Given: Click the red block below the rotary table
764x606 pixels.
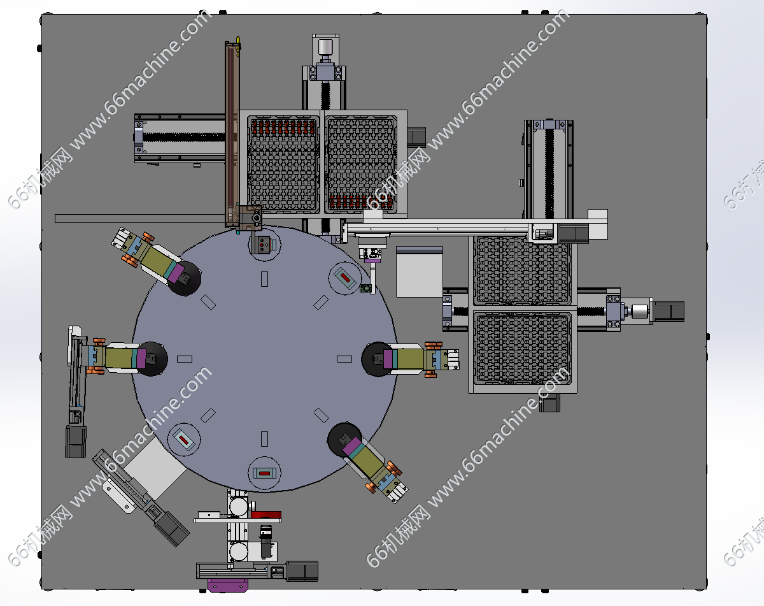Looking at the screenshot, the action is pos(266,515).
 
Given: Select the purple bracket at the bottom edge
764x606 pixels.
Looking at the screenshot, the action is pos(227,585).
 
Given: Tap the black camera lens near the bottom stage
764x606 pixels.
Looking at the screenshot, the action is pos(266,542).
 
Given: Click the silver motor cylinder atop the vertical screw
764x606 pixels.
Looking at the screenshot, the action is pos(325,47).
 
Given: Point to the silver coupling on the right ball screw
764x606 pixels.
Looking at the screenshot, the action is pos(639,312).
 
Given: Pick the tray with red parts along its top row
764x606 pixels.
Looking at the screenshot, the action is pos(283,164).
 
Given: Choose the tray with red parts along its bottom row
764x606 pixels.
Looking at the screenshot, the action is pos(361,164).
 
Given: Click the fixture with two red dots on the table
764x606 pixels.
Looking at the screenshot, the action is pos(263,245).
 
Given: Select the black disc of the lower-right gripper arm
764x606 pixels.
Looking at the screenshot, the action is pos(343,439).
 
